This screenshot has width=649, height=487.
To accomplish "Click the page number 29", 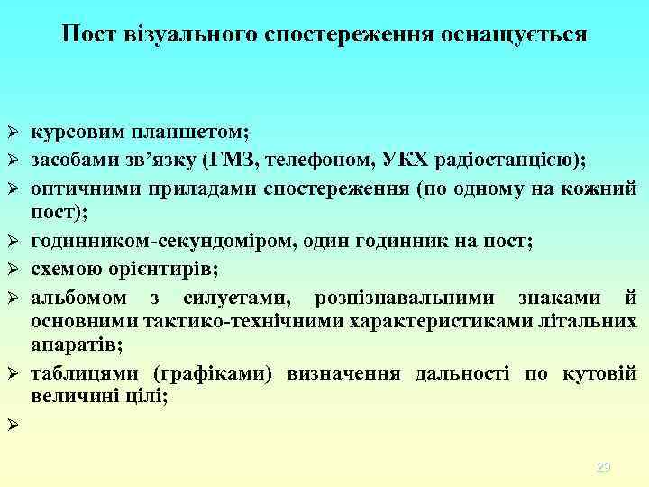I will [x=604, y=466].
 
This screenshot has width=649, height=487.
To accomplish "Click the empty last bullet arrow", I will [x=14, y=424].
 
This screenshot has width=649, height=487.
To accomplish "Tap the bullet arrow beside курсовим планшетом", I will [x=14, y=133].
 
